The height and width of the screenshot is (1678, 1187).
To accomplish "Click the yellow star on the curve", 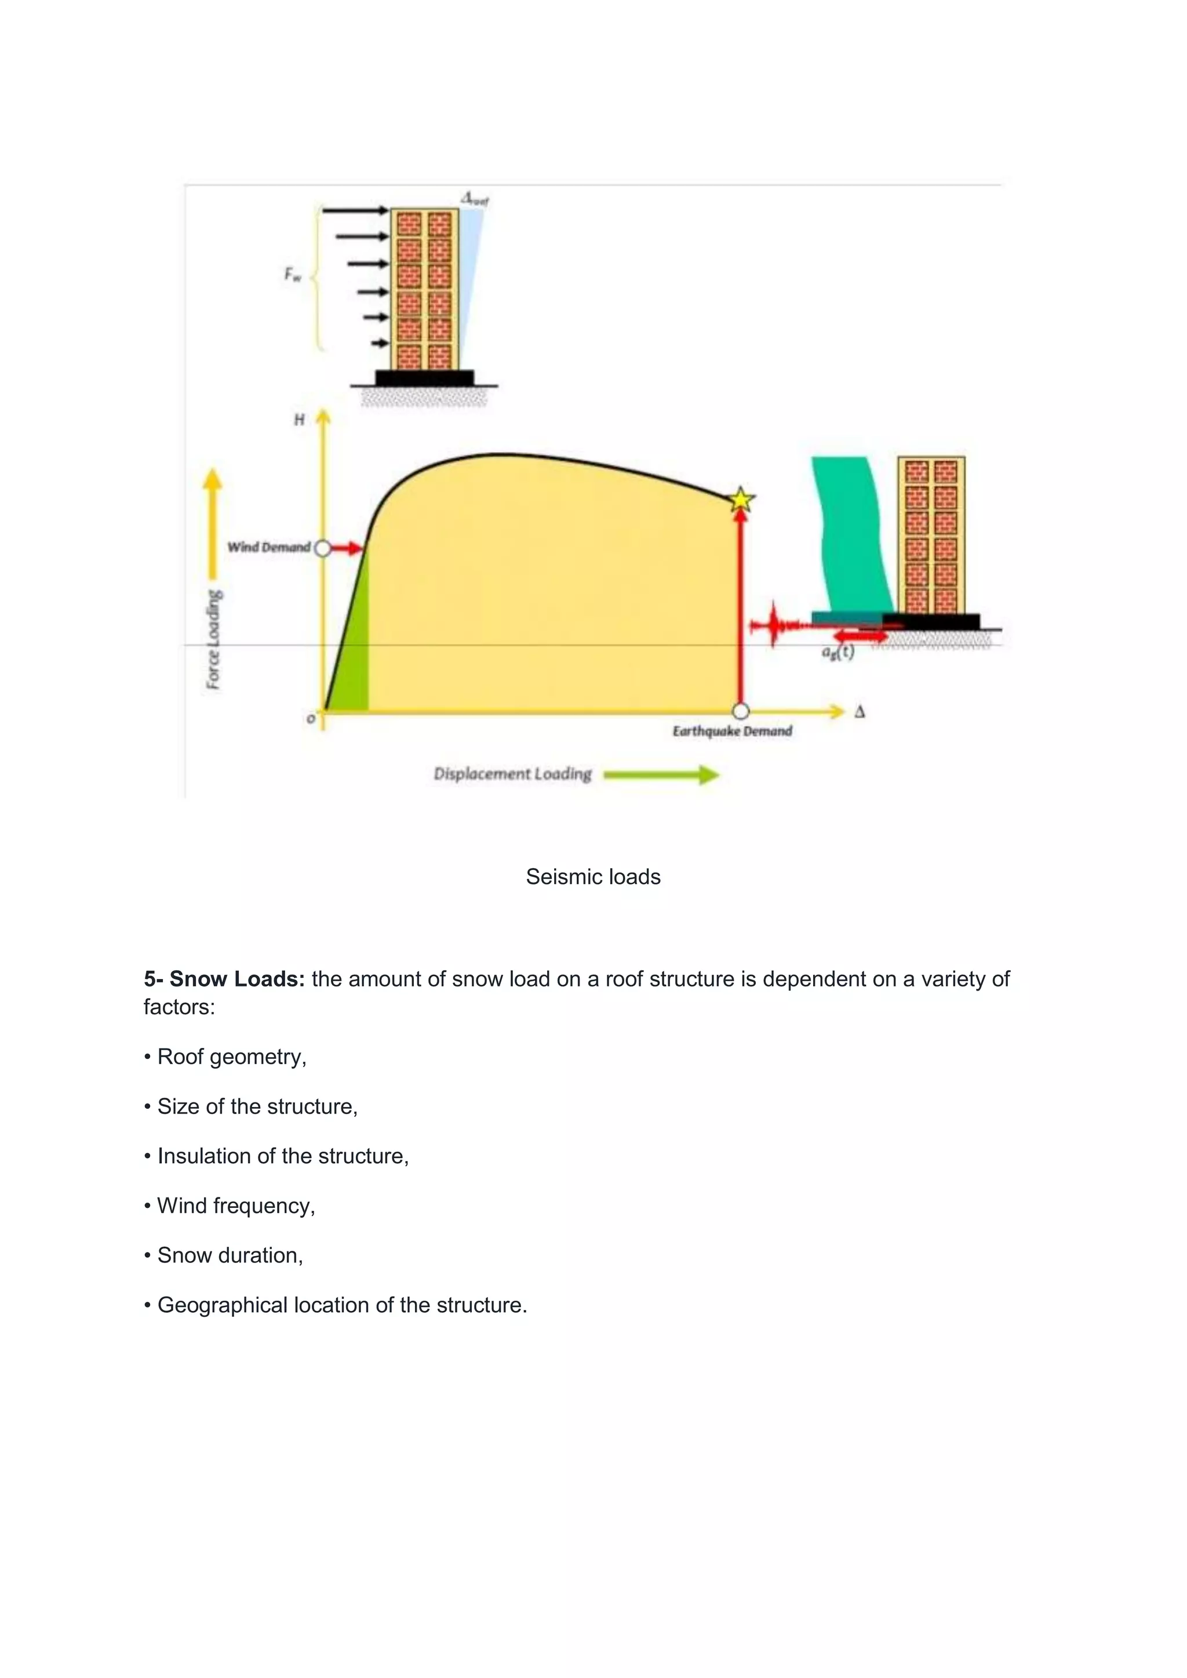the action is (741, 500).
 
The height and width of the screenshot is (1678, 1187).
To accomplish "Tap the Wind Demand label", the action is (268, 547).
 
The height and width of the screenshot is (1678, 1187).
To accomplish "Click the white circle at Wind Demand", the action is (322, 548).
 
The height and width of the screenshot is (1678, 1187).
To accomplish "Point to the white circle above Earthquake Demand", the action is (740, 711).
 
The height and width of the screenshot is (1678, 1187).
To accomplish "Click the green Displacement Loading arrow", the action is (661, 775).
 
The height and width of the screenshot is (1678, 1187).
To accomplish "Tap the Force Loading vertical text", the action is (213, 639).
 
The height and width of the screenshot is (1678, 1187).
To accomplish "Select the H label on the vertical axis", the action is (299, 420).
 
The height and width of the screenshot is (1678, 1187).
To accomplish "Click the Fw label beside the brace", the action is (292, 275).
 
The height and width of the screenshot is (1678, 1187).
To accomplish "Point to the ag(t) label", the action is (838, 652).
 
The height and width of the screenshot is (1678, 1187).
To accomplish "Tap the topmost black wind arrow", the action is (355, 211).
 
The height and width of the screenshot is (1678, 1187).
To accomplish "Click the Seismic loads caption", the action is (593, 877).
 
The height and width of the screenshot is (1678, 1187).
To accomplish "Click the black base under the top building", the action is (424, 378).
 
